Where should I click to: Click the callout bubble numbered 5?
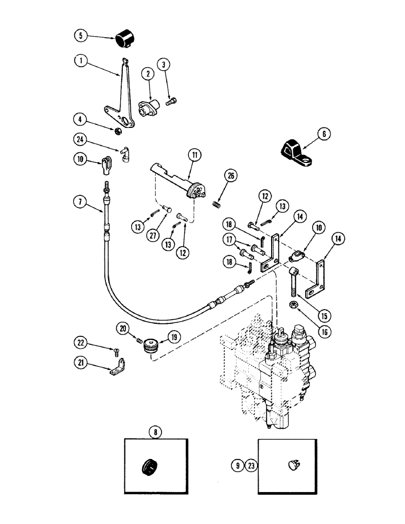coord(80,36)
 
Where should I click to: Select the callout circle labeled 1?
coord(81,60)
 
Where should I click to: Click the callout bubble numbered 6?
coord(323,134)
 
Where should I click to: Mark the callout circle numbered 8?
coord(155,432)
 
